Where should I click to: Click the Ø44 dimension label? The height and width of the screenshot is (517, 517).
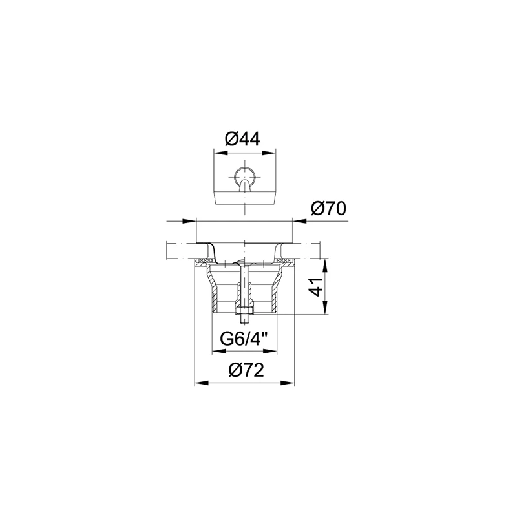coord(242,139)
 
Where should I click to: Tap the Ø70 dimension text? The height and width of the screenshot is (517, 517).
coord(328,208)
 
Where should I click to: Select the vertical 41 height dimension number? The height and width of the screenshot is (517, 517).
coord(317,287)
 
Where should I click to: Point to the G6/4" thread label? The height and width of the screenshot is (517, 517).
coord(244,339)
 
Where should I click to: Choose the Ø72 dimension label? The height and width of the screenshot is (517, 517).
coord(246,370)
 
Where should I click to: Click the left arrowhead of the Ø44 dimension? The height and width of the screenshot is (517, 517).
coord(221,153)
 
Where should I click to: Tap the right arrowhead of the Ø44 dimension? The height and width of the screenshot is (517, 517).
coord(269,153)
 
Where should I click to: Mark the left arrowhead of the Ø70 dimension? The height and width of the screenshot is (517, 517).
coord(189,221)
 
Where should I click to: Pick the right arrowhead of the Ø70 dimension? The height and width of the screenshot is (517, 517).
coord(299,221)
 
